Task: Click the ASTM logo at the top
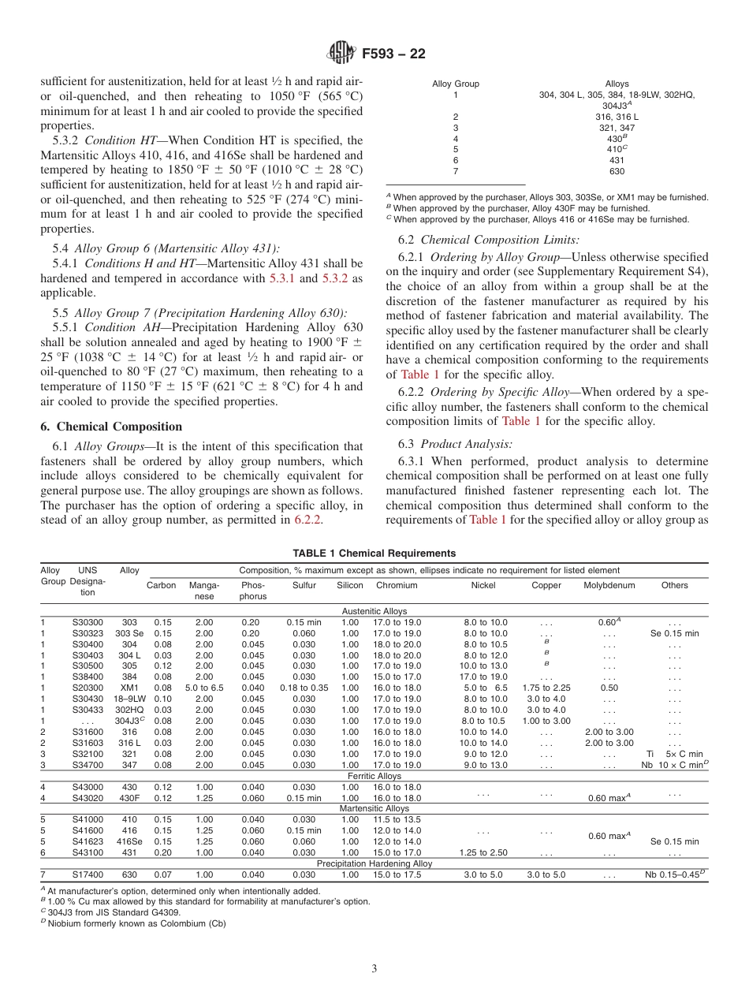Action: [x=341, y=54]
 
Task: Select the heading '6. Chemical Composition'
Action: [x=111, y=427]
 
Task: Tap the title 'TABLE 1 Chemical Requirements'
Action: [x=374, y=554]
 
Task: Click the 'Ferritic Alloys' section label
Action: [x=374, y=776]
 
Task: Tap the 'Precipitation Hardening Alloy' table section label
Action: [x=374, y=863]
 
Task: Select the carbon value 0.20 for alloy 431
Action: [x=162, y=852]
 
